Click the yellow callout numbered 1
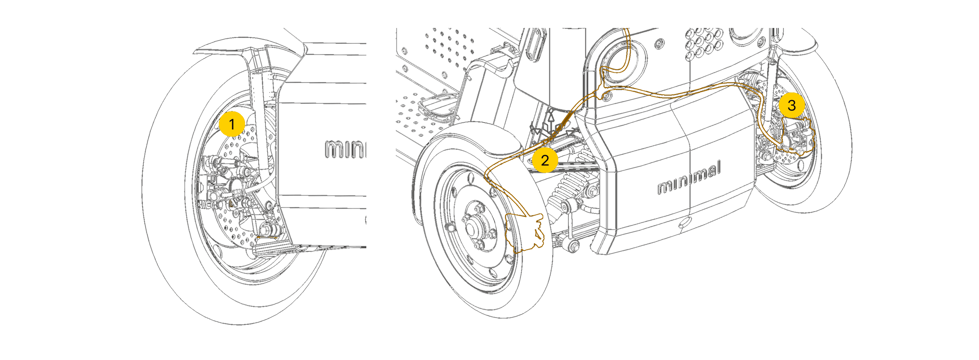coord(231,124)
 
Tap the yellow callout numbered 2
coord(545,160)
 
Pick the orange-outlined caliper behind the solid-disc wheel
coord(526,233)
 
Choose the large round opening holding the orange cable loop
coord(624,61)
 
